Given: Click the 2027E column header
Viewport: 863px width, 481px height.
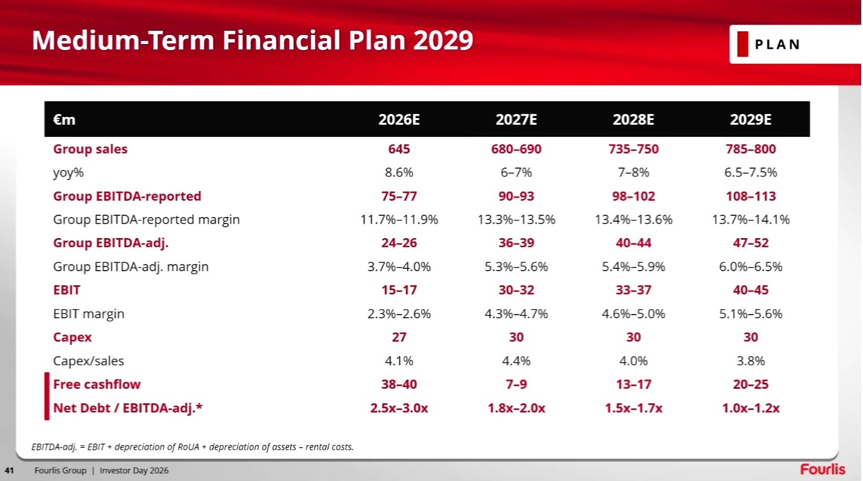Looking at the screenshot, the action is pos(516,119).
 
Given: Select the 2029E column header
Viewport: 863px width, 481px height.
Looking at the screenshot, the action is pos(751,119).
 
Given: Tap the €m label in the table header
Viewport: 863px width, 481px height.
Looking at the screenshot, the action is pos(64,120).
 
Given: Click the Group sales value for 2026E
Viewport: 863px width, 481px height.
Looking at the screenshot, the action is pos(399,149).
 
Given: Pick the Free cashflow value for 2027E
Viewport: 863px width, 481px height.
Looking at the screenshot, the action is pos(516,384).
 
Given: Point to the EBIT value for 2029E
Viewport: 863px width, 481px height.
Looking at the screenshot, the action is pos(751,290).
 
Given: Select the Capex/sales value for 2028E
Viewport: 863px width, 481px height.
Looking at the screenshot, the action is pos(634,360).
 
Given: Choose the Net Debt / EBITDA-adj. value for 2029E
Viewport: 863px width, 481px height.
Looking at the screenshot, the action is pos(751,408).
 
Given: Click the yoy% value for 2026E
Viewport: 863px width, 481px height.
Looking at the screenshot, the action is pos(399,172).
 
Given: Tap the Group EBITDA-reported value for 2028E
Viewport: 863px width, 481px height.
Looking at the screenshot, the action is pos(634,196).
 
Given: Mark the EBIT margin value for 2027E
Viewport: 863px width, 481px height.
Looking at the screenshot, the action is pos(516,313).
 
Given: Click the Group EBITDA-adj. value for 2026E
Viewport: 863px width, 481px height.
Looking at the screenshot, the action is pos(399,243).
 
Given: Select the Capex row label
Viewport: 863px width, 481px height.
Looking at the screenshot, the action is pos(72,338).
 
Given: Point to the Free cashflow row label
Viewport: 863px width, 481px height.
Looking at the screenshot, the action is pos(97,384).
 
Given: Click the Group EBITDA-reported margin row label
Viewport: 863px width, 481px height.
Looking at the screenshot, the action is pos(147,220).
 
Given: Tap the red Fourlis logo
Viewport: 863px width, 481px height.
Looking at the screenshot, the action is pos(823,470).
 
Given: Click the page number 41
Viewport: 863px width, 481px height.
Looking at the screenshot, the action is pos(9,470).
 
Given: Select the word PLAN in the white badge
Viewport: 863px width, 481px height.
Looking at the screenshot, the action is pos(777,45).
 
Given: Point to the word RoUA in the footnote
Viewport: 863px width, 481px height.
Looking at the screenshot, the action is pos(188,447).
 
